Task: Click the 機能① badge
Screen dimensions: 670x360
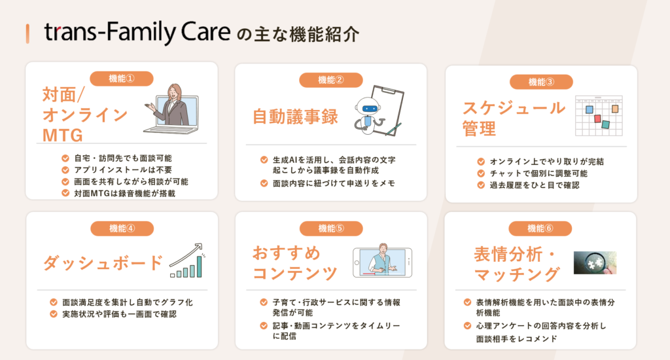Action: [x=121, y=79]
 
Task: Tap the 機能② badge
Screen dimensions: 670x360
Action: [x=330, y=80]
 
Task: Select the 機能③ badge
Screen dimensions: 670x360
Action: [x=541, y=82]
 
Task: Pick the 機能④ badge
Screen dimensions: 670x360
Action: [x=122, y=228]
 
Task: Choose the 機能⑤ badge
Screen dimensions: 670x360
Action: [x=331, y=228]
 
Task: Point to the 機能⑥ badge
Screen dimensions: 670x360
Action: [x=540, y=228]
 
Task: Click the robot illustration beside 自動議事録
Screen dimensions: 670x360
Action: [x=368, y=115]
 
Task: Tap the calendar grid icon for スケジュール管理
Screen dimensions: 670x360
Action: [x=599, y=115]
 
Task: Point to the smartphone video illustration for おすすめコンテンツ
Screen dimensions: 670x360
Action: [x=382, y=261]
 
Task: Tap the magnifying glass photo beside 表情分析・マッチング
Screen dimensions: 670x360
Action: [x=595, y=262]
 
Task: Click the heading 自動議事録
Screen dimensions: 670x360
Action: [x=295, y=117]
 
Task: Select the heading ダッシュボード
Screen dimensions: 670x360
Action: [x=103, y=262]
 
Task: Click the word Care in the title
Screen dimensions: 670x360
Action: [x=205, y=31]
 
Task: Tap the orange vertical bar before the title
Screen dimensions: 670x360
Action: [x=27, y=34]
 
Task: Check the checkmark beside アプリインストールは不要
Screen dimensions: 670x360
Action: [x=65, y=170]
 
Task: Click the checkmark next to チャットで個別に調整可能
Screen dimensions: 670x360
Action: [x=481, y=173]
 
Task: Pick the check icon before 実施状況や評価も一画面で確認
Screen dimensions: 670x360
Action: [x=54, y=314]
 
